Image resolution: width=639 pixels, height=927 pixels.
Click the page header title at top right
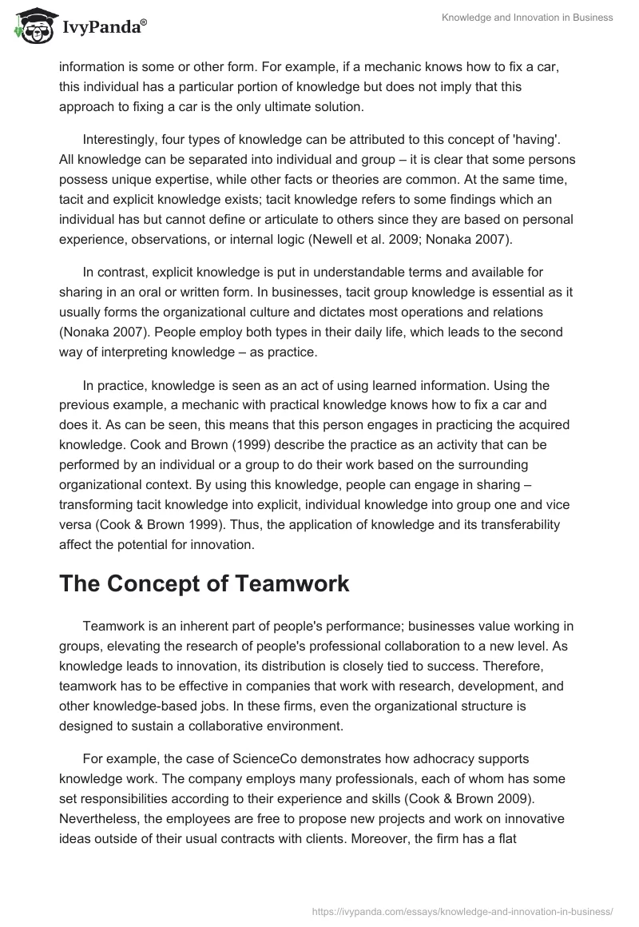click(527, 17)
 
